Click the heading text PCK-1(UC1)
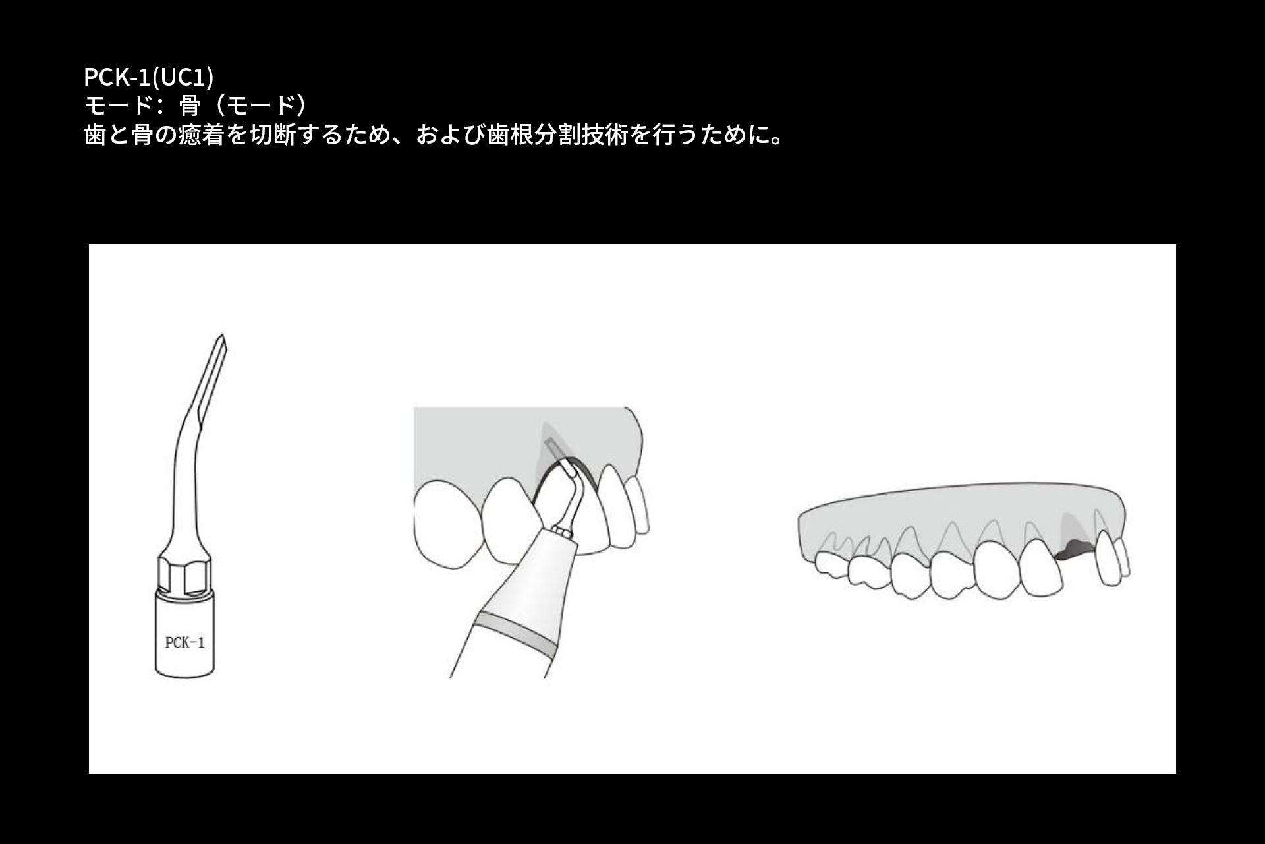point(148,77)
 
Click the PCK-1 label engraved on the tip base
point(184,642)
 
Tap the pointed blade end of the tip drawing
point(222,338)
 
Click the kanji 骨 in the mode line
point(190,105)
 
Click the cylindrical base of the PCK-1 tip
point(184,633)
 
